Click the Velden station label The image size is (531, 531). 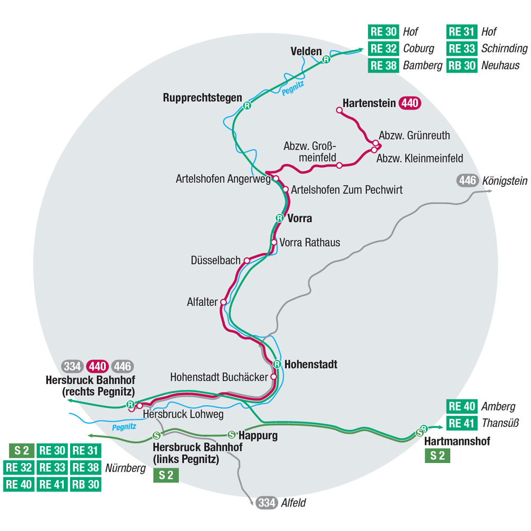click(x=306, y=51)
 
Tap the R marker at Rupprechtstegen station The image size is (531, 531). click(x=247, y=106)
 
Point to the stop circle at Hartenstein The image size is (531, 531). click(x=338, y=110)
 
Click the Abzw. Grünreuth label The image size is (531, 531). click(x=414, y=135)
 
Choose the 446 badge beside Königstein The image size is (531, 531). click(x=467, y=181)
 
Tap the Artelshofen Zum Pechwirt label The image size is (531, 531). click(x=347, y=190)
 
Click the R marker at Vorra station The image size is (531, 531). click(x=279, y=218)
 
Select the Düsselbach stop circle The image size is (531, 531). click(x=247, y=261)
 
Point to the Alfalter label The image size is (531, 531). click(x=202, y=302)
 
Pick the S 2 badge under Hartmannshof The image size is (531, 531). click(x=438, y=455)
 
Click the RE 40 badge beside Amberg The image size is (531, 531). click(x=461, y=407)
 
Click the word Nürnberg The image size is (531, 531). click(x=125, y=468)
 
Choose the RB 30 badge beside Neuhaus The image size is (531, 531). click(x=461, y=65)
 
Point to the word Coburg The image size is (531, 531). click(x=418, y=48)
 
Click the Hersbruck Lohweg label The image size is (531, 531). click(x=183, y=414)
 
